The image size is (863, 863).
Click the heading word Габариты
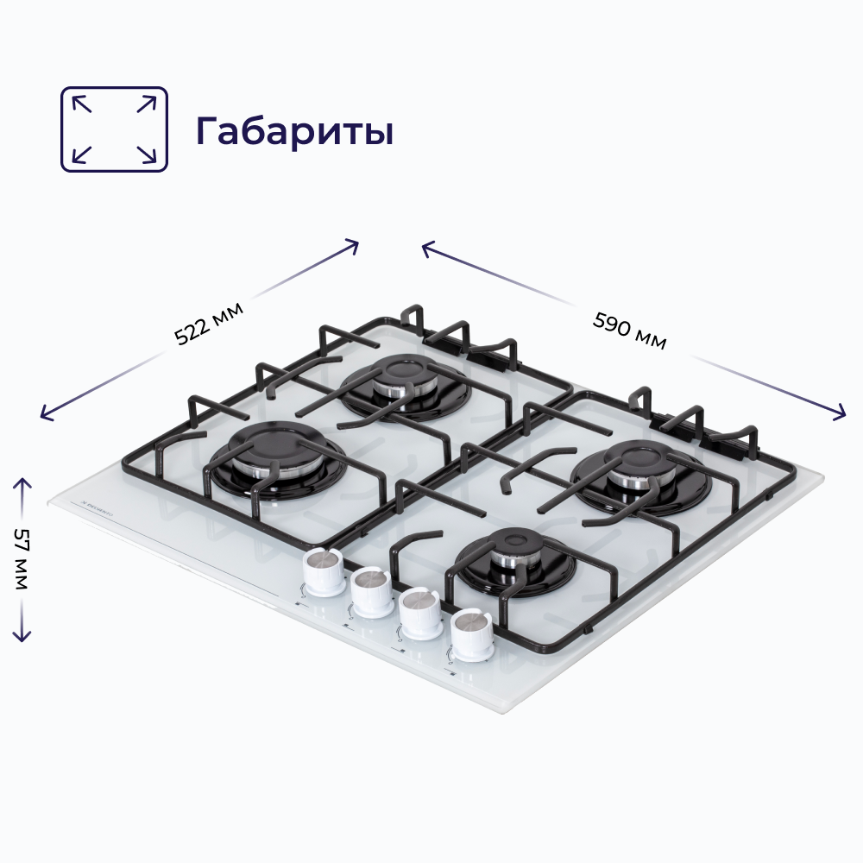(294, 131)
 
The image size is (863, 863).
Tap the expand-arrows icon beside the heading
(114, 129)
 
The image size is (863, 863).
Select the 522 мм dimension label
(209, 323)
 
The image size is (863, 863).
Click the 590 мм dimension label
(630, 330)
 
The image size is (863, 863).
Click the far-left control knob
(324, 571)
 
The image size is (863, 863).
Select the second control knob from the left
(372, 591)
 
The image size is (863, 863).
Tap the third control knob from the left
(420, 612)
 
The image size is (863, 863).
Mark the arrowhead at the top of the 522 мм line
(353, 244)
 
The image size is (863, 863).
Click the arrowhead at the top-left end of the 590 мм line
(426, 248)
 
